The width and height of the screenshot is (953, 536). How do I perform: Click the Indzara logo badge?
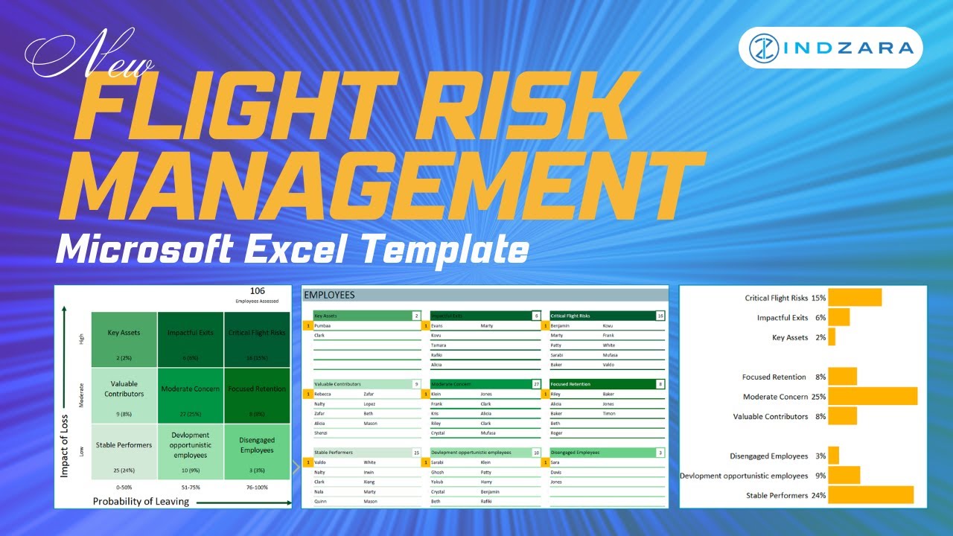point(830,48)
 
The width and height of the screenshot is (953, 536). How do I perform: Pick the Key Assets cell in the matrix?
point(124,339)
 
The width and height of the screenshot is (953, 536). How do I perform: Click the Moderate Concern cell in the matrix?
point(190,395)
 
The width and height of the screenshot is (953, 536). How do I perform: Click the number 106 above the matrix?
point(257,291)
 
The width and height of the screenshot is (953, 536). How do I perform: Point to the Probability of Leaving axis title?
point(141,502)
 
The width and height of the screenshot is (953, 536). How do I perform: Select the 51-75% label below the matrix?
point(190,487)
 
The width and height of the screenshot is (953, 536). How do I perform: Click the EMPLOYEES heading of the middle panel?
point(330,295)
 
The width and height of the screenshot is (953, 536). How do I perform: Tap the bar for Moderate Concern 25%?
point(873,396)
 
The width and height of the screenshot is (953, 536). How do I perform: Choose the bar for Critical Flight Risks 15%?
point(855,298)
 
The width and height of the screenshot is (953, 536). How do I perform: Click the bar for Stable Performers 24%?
point(870,495)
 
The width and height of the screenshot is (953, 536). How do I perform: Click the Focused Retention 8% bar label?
point(784,377)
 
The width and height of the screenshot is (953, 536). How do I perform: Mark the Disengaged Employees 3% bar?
point(833,456)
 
